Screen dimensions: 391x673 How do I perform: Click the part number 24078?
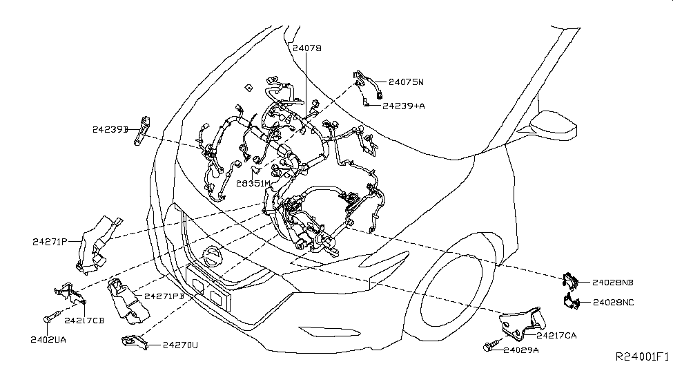306,48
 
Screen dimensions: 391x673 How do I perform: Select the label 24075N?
405,82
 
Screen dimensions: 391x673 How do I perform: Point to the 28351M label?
253,183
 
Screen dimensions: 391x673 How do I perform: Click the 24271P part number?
49,241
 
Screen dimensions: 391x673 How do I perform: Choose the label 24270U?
180,344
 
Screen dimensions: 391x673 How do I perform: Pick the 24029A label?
520,350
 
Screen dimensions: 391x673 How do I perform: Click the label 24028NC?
613,302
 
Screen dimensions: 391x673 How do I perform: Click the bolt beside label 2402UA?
50,318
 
